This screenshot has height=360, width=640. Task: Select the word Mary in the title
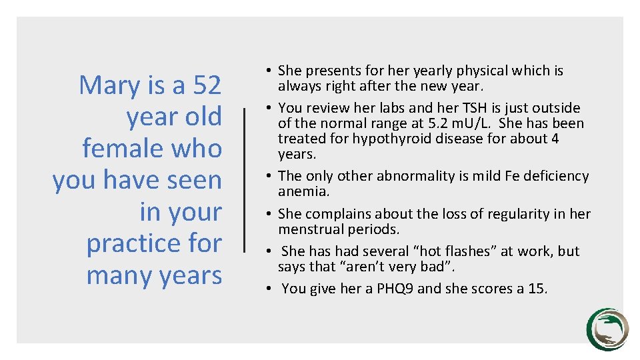tap(107, 85)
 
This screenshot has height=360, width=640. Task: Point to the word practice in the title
tap(132, 243)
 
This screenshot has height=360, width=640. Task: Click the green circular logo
tap(607, 329)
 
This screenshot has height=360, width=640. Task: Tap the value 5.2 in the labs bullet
tap(484, 123)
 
